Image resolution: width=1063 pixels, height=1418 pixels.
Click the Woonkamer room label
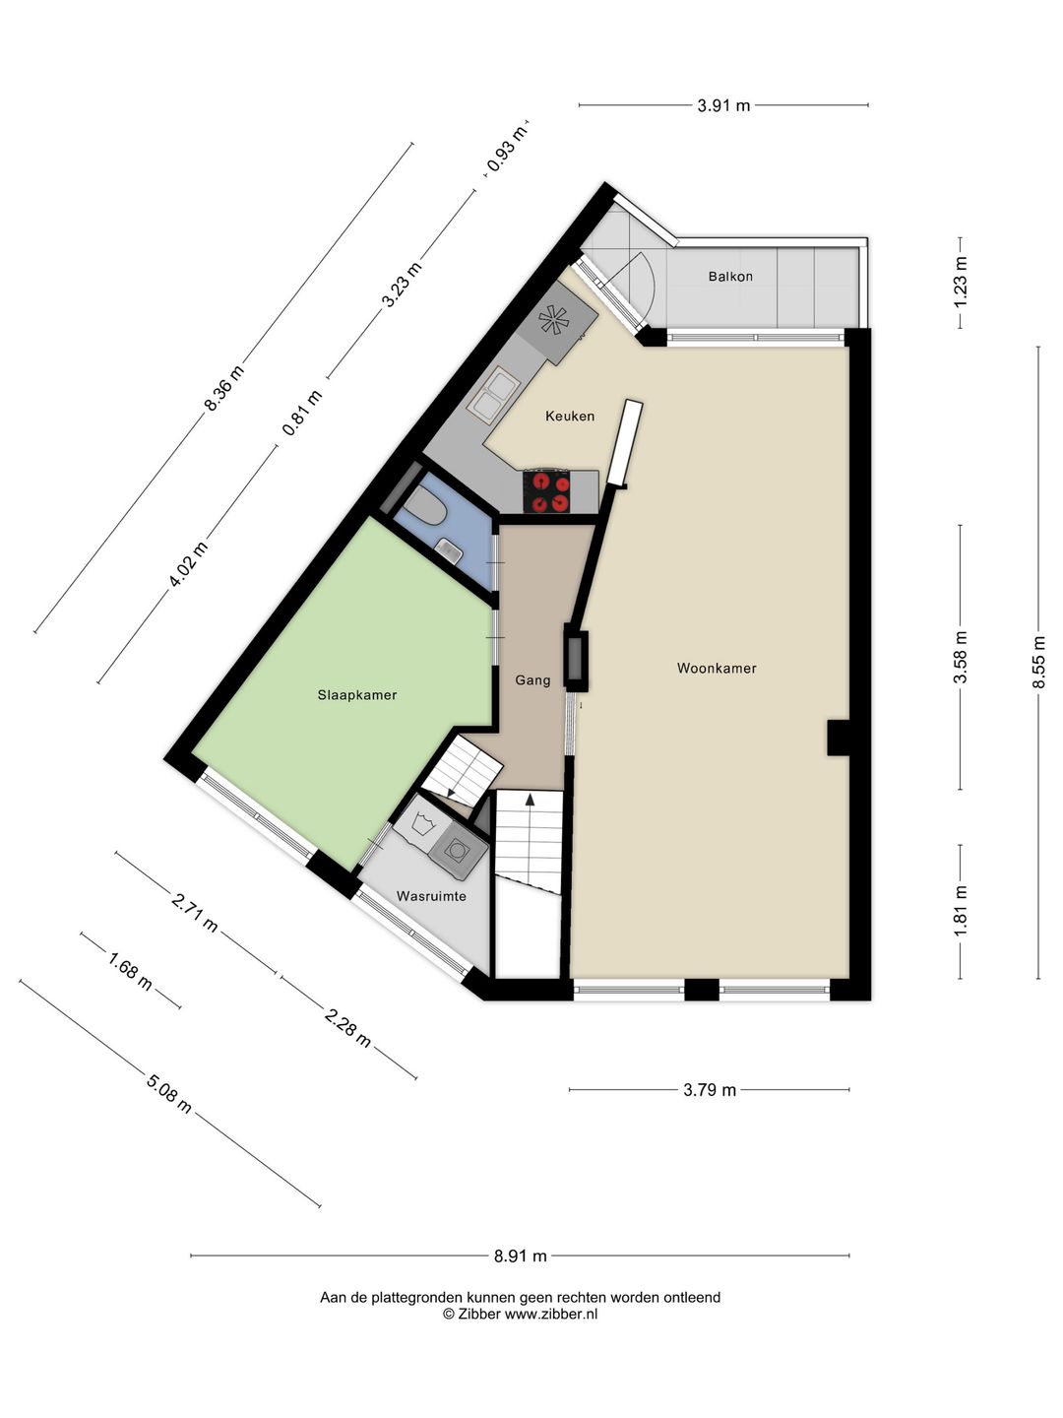point(717,669)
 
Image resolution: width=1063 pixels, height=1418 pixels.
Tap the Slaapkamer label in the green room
point(357,695)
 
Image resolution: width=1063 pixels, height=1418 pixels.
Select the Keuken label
point(570,416)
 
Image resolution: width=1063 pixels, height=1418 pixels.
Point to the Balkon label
point(730,277)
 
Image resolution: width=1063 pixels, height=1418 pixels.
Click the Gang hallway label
point(533,680)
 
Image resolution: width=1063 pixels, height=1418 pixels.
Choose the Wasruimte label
point(431,897)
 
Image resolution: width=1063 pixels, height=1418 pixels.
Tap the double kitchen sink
point(493,395)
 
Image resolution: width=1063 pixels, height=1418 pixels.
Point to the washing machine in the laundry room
point(458,851)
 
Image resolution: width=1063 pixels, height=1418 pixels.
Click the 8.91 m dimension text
point(521,1256)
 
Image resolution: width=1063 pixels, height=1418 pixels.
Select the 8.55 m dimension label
point(1037,662)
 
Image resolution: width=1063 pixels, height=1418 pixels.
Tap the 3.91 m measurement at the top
point(723,105)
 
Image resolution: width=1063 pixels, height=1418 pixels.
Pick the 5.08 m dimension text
point(169,1093)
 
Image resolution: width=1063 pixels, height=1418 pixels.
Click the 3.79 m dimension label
point(710,1090)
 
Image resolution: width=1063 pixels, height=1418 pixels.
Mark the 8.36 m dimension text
point(224,388)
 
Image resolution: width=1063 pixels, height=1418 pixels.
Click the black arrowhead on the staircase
point(530,800)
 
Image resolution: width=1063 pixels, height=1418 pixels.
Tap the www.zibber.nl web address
point(550,1314)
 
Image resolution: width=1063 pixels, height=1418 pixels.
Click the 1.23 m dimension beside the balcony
point(961,283)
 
